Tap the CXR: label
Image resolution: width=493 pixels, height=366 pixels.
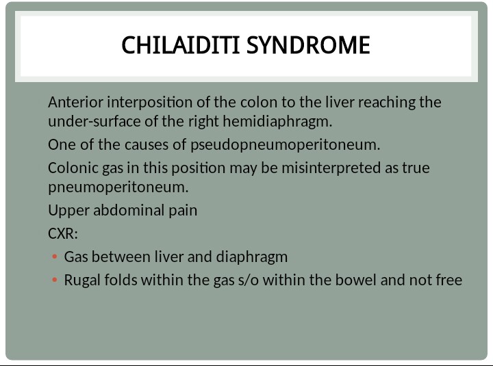pos(63,233)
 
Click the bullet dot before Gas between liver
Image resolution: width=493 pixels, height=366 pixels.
pos(54,257)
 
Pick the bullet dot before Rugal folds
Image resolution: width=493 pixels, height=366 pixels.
pos(54,280)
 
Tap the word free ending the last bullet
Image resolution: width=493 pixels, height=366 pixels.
pos(448,280)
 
